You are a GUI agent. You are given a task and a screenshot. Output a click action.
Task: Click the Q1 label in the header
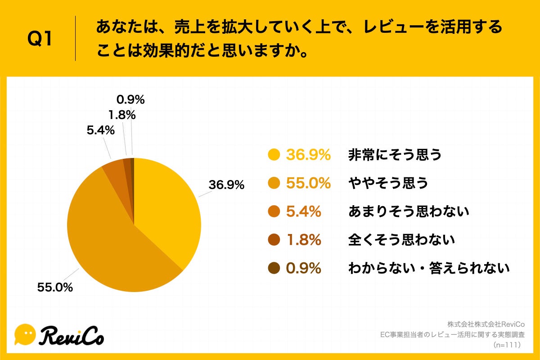click(x=40, y=40)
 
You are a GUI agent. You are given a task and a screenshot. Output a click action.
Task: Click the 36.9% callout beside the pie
click(x=226, y=185)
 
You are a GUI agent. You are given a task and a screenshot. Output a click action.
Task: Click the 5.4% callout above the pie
click(x=100, y=131)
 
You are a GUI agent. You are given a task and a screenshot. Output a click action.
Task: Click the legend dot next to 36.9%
click(x=274, y=155)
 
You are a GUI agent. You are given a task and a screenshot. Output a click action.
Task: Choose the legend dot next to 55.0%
click(x=274, y=184)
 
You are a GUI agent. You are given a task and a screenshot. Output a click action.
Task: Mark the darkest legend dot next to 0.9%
click(x=274, y=269)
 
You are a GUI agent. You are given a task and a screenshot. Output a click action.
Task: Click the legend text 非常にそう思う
click(x=395, y=155)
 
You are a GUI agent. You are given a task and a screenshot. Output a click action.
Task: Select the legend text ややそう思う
click(x=387, y=184)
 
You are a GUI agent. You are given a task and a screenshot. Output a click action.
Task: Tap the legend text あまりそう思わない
click(x=409, y=212)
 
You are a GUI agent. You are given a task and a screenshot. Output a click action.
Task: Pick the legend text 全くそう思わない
click(x=401, y=240)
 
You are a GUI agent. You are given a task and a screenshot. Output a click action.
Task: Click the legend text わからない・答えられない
click(x=429, y=269)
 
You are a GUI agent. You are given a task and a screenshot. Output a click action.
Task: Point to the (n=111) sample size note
click(x=507, y=345)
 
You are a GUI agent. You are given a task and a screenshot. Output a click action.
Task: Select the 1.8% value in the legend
click(x=303, y=240)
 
